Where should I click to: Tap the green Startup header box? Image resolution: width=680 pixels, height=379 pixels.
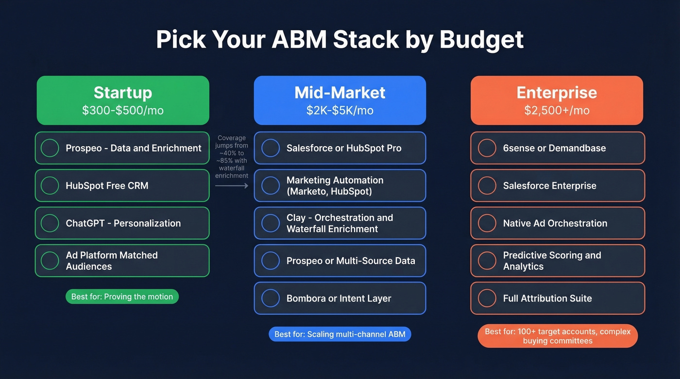tap(123, 100)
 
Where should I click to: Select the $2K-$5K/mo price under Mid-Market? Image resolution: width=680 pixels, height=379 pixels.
tap(340, 110)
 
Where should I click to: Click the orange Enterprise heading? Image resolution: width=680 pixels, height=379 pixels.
tap(557, 92)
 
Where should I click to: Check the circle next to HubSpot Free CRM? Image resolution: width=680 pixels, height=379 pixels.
tap(50, 185)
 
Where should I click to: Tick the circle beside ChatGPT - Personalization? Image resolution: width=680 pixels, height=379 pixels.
tap(50, 223)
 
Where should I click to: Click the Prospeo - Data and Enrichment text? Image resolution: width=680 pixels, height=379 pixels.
tap(134, 148)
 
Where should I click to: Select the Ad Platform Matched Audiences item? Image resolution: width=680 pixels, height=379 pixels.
tap(112, 261)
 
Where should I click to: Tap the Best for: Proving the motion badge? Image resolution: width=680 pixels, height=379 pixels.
tap(122, 297)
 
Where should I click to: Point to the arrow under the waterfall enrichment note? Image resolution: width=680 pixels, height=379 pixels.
tap(232, 185)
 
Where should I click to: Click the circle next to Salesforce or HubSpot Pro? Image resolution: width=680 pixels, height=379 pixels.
tap(271, 148)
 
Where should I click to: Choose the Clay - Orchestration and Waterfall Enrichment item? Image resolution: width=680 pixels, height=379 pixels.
tap(340, 223)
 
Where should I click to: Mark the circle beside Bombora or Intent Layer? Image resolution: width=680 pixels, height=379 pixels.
tap(271, 298)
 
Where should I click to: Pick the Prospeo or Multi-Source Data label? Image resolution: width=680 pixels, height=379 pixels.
tap(351, 261)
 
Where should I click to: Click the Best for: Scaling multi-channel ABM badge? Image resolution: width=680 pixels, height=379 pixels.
tap(340, 334)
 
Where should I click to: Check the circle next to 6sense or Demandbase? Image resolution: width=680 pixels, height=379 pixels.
tap(487, 148)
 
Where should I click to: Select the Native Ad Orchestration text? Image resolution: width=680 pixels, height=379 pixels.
tap(555, 223)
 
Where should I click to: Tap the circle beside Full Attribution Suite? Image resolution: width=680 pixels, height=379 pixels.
tap(487, 298)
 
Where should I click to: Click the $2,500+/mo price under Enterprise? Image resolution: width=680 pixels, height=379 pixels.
tap(557, 110)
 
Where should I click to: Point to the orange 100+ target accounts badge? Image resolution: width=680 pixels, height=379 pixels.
tap(558, 336)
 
